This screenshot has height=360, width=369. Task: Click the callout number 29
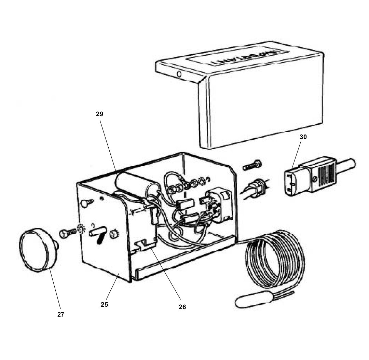pos(99,114)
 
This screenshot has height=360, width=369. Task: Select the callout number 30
pos(303,137)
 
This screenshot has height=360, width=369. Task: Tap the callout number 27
pos(60,315)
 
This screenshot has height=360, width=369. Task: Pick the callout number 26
pos(182,307)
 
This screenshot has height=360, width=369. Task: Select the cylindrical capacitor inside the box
pos(137,187)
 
